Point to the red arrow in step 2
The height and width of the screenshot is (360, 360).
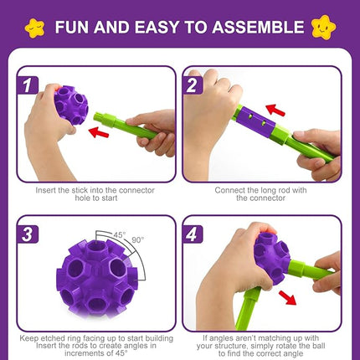tap(275, 110)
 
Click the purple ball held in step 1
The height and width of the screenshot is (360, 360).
tap(69, 103)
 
